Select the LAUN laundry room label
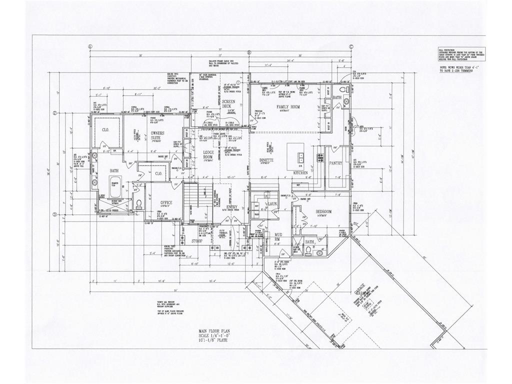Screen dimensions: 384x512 (x=272, y=204)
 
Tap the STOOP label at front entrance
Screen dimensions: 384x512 (x=197, y=241)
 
